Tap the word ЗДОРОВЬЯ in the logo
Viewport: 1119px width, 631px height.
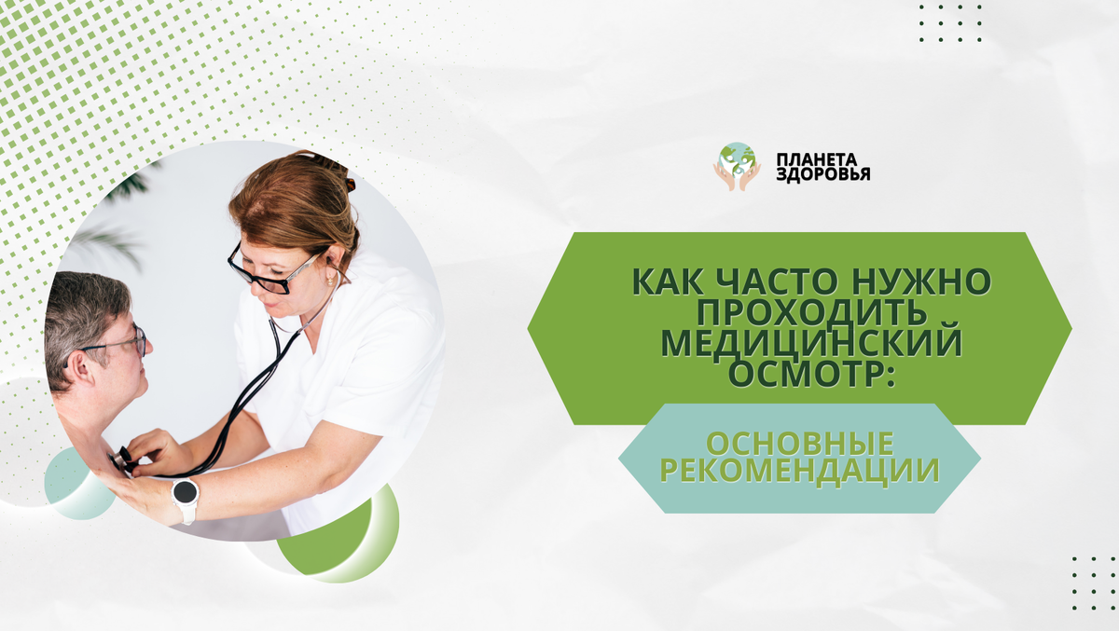823,174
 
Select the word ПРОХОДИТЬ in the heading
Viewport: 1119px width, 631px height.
799,311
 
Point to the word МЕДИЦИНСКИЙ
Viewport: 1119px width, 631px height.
811,343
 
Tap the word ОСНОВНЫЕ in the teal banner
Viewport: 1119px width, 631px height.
798,442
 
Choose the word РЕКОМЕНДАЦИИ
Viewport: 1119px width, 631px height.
799,472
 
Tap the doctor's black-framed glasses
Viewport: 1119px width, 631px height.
270,273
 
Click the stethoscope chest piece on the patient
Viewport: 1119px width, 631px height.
122,459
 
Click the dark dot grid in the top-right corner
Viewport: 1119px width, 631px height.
950,23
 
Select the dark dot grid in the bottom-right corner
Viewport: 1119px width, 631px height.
1094,582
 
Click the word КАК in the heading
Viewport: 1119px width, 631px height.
664,281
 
